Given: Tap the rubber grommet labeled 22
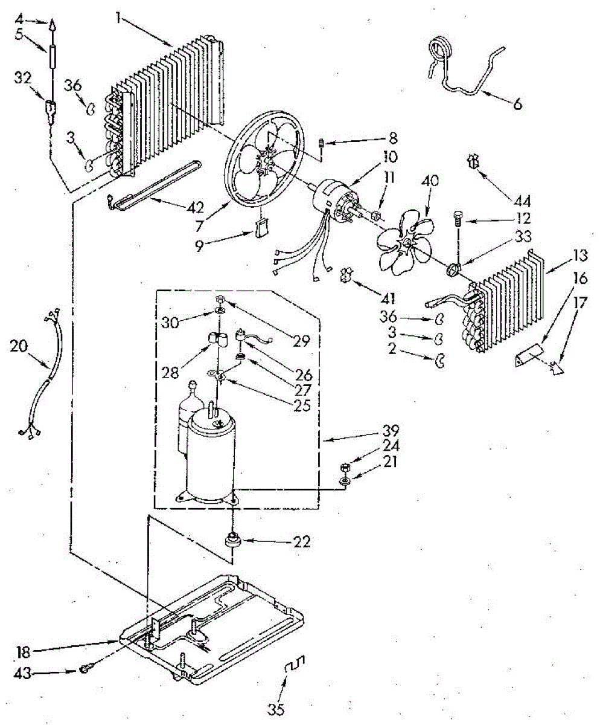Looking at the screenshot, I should [232, 539].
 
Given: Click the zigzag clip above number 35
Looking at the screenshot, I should [295, 665].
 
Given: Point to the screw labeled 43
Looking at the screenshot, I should [86, 668].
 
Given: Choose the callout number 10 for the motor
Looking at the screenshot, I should [390, 157].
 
